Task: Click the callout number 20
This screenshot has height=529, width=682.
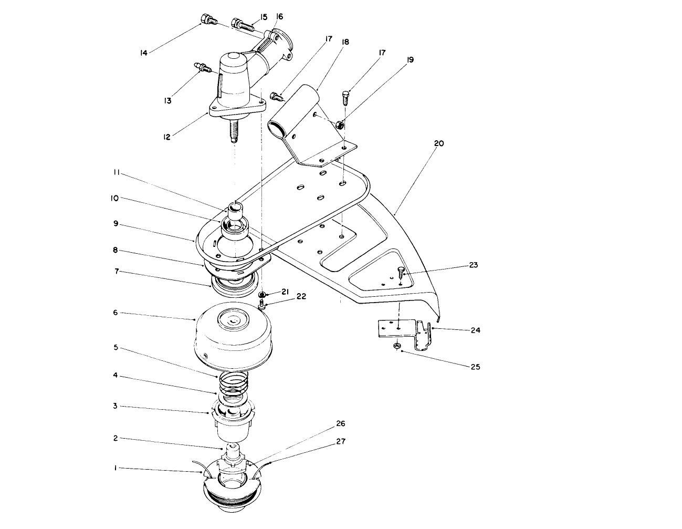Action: point(439,143)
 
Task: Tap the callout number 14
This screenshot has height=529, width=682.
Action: point(143,52)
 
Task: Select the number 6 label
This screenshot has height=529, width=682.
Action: point(115,313)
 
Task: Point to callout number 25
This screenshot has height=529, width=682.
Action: point(475,367)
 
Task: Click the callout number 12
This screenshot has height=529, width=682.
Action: point(167,137)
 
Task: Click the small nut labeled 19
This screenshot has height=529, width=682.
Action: point(339,125)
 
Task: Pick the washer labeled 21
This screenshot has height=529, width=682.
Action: point(263,295)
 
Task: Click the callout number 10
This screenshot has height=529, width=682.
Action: point(115,198)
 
